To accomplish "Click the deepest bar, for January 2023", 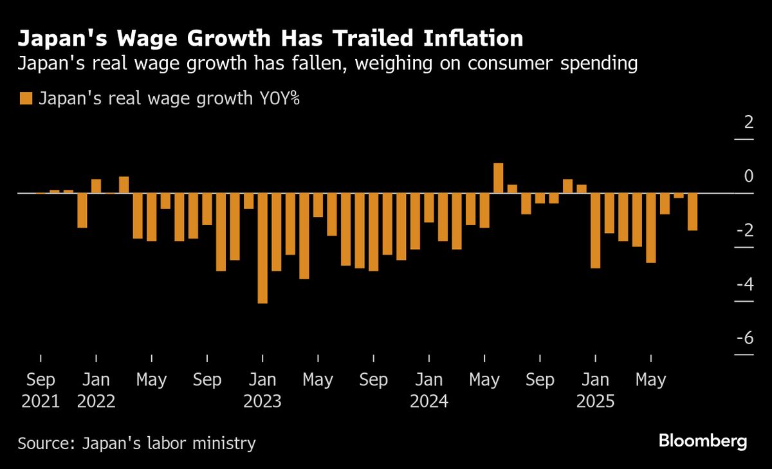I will coord(262,248).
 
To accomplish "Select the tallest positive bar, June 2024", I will coord(498,178).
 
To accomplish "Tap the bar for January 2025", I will coord(596,230).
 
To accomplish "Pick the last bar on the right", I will coord(692,212).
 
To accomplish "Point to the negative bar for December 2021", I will coord(82,210).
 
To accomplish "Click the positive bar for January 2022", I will coord(96,186).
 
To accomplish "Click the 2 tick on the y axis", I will coord(748,122).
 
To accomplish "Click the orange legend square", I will coord(26,98).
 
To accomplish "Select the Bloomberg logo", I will coord(703,441).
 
